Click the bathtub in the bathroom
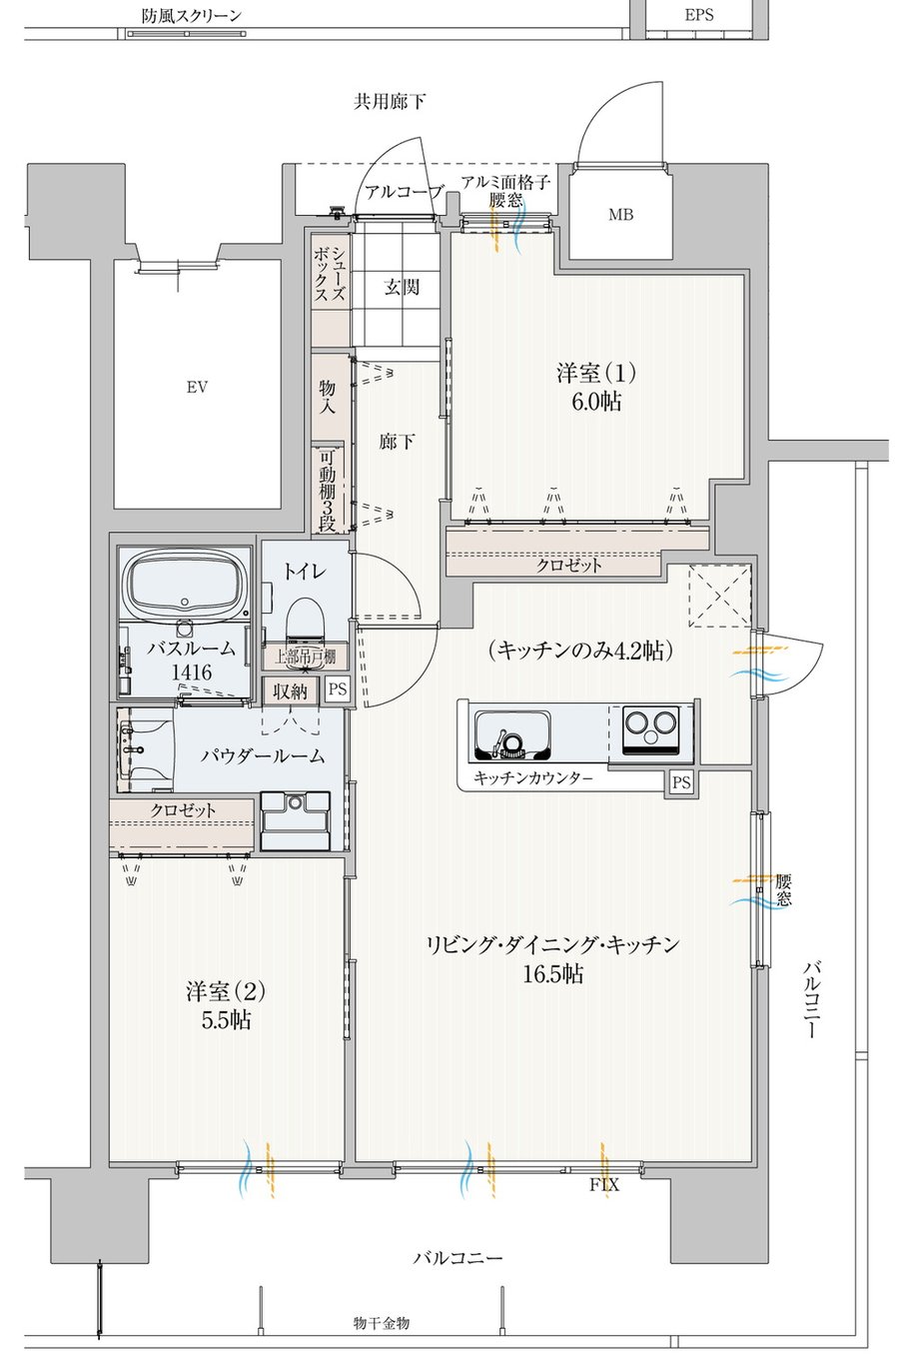pos(186,587)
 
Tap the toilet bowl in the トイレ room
pos(303,618)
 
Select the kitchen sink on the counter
pos(512,733)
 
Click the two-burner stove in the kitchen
pos(650,729)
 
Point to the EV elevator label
pos(197,387)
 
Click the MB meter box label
pos(620,215)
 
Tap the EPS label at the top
pos(699,15)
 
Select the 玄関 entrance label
pos(402,287)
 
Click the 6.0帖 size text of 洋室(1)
pos(596,402)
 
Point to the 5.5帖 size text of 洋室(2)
pos(226,1020)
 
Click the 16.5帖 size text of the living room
pos(552,973)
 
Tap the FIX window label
pos(603,1185)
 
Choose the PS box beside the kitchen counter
pos(681,782)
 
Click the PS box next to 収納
pos(337,689)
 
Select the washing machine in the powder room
pos(296,820)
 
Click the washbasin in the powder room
pos(146,749)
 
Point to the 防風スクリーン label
pos(192,15)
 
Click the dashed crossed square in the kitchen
pos(719,596)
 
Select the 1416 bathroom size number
pos(191,672)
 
